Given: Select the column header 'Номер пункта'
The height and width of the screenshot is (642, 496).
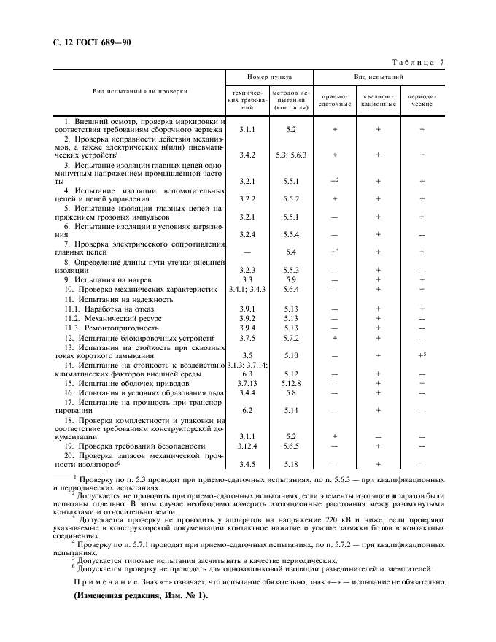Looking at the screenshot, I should [269, 76].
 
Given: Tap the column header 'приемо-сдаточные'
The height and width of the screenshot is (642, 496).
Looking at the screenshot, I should [335, 99].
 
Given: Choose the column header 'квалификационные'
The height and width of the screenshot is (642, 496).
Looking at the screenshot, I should [378, 99].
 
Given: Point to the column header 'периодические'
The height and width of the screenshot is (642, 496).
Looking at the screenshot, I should [422, 99].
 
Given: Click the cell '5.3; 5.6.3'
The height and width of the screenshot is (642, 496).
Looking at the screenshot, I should [291, 155].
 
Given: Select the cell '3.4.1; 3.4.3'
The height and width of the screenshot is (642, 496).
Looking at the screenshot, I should [247, 290].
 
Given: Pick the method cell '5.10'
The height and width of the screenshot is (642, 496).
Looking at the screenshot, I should [291, 355].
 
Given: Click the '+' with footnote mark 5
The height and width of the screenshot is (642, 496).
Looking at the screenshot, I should [422, 355].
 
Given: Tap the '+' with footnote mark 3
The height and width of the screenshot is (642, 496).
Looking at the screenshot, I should [336, 252].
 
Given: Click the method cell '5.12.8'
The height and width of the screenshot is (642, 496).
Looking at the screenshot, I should [291, 383].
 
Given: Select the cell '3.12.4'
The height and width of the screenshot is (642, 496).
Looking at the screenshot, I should [247, 445].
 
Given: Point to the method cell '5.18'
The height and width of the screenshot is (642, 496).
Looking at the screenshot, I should [291, 464].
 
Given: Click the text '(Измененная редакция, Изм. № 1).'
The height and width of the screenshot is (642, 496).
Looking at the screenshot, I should [140, 595].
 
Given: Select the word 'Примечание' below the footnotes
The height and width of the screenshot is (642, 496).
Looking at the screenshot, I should [109, 581].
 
